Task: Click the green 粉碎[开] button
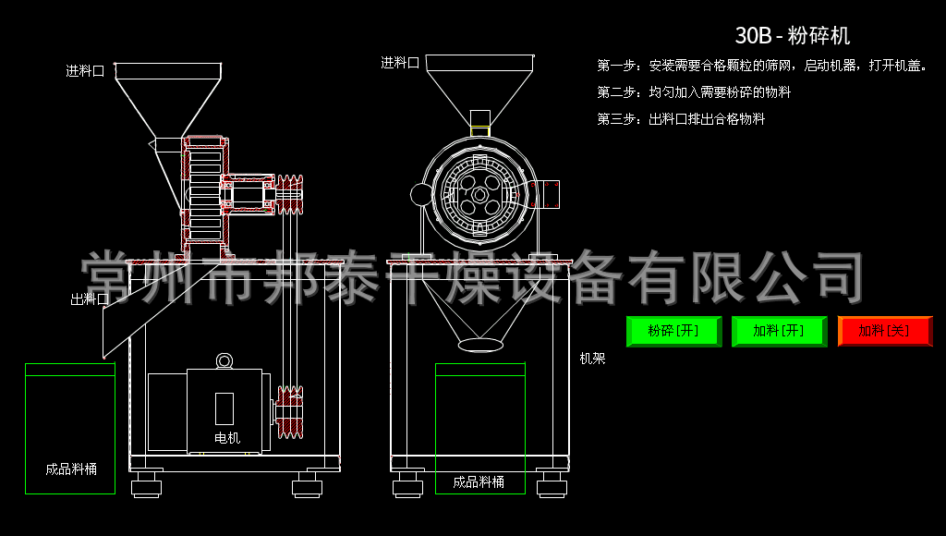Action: pos(673,331)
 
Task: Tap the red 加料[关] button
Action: pos(884,331)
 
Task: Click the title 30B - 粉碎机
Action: pos(792,36)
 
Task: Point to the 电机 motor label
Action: pos(226,438)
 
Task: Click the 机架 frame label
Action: pos(592,359)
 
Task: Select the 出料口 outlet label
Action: pos(90,299)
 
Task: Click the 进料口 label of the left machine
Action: pos(85,71)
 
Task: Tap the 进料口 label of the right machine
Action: pos(400,63)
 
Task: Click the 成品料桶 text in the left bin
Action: pos(71,469)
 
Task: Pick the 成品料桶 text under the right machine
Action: pos(479,481)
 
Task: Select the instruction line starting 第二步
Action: pos(694,92)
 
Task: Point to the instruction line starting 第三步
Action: pos(681,119)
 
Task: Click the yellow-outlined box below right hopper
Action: pos(479,130)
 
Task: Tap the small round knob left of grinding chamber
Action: pos(421,194)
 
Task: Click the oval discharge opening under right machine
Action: pos(480,344)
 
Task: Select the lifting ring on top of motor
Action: pos(224,360)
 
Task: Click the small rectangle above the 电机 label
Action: pos(224,408)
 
